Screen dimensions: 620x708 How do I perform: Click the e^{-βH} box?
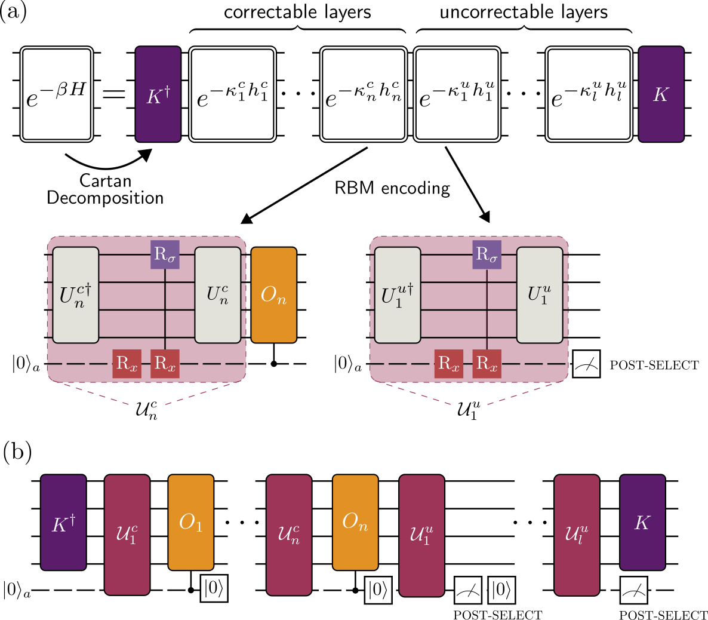56,94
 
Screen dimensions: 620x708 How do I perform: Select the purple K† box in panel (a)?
158,94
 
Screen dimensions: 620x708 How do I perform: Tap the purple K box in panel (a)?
661,94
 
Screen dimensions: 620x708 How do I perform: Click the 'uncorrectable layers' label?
524,13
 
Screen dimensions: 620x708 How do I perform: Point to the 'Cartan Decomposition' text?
105,189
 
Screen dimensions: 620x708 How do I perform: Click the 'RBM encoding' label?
392,188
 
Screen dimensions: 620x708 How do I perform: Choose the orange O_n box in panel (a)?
273,295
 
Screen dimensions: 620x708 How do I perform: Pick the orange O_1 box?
190,522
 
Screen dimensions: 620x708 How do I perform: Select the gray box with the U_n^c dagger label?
76,295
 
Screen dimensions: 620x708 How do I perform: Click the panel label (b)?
17,451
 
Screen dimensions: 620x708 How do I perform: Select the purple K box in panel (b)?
642,522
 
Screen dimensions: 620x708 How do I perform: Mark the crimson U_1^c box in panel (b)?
127,534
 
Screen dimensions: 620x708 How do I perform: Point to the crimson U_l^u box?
576,534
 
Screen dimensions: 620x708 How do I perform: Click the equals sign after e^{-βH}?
114,94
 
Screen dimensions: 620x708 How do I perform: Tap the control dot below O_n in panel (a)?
273,363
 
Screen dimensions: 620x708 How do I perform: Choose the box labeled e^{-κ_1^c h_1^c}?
232,94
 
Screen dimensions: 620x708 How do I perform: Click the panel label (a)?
14,13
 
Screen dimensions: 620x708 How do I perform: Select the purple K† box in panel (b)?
63,522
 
